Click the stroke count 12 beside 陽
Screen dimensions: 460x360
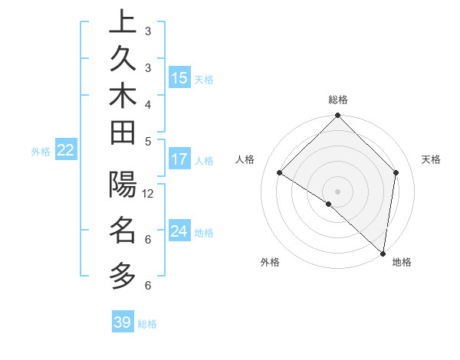[149, 194]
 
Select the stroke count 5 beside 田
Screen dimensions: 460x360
[148, 140]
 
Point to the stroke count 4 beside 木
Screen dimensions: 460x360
[148, 103]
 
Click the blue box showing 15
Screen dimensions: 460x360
[179, 78]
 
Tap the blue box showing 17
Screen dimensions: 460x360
[179, 160]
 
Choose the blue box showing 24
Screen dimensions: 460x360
[179, 231]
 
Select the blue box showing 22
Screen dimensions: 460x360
[65, 151]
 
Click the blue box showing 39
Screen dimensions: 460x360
[123, 322]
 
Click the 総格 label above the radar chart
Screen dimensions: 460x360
[338, 100]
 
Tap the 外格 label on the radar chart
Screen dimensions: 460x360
[270, 263]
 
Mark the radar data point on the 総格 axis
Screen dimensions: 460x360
[337, 116]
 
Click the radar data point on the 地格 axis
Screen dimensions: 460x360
[383, 253]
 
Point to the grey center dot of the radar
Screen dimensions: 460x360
[337, 191]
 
